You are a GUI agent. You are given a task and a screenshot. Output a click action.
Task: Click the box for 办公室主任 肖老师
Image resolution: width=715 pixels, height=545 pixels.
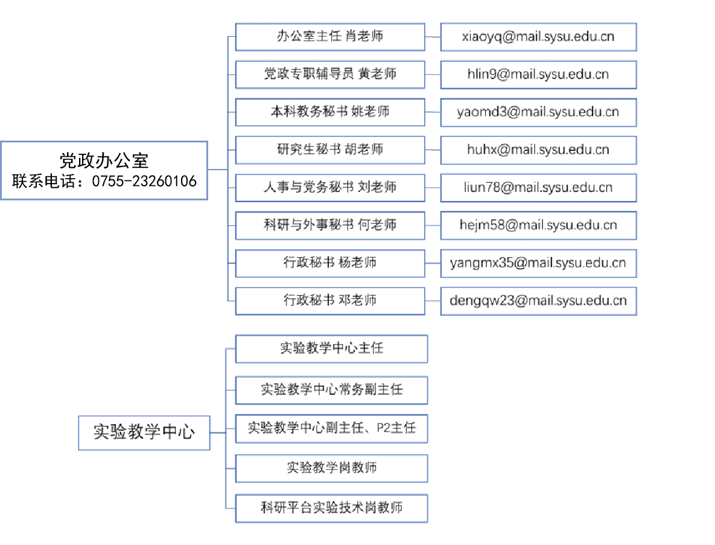coord(330,37)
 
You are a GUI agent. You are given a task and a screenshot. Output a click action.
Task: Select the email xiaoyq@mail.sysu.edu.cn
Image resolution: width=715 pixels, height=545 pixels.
coord(538,37)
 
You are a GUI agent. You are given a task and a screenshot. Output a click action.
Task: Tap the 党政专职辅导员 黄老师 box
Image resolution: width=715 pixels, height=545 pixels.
coord(330,74)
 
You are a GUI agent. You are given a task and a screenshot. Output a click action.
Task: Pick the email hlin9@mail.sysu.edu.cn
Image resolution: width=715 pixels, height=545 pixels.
coord(538,74)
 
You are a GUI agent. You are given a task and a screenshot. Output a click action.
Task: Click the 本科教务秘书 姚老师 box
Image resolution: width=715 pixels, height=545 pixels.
coord(330,112)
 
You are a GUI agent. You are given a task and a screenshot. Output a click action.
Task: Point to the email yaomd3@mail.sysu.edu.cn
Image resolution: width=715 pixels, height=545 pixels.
coord(538,112)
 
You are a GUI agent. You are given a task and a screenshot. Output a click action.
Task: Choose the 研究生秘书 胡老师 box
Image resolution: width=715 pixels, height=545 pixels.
coord(330,150)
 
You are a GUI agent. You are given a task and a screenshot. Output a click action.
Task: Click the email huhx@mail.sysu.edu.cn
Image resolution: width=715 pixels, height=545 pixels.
coord(538,150)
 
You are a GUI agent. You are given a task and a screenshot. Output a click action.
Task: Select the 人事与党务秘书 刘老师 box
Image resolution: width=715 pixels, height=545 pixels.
coord(330,188)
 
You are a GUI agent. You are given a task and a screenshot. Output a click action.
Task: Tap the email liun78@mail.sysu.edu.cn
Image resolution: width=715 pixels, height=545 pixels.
coord(538,188)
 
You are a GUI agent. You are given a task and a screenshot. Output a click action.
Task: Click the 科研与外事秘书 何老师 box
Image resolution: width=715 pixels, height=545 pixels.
coord(330,225)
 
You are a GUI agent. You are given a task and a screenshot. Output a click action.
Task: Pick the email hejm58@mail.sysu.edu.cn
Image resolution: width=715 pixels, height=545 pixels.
coord(538,225)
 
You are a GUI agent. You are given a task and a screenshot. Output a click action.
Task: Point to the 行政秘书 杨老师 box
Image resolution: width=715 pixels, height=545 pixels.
coord(330,263)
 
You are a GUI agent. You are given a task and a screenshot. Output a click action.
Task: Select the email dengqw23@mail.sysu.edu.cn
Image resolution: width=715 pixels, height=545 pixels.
coord(538,301)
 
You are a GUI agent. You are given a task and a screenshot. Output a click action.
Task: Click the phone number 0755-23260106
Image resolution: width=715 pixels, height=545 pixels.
coord(144,182)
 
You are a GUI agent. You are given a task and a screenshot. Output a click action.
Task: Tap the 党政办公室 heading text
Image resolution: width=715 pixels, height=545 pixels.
coord(104,161)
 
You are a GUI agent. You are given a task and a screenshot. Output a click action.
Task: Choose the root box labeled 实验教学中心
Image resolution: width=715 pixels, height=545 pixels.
coord(144,433)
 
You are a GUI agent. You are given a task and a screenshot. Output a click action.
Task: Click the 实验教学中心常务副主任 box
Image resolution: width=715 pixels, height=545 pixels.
coord(331,390)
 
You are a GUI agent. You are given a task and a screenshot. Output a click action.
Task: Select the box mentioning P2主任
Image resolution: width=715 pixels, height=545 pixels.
coord(331,429)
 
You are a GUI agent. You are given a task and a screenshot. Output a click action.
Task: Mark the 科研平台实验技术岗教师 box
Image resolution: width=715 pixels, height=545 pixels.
coord(331,509)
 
